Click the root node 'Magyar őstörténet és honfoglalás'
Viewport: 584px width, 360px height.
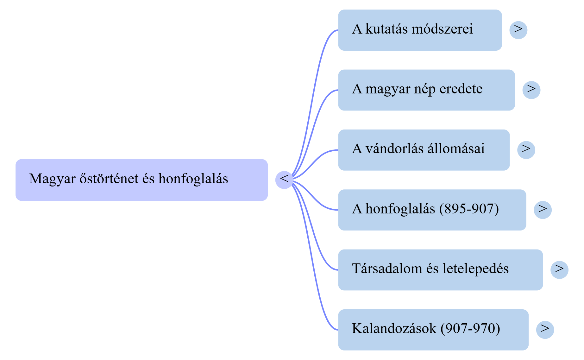[141, 180]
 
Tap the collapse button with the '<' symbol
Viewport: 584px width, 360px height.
[284, 180]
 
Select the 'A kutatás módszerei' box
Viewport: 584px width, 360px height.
[420, 30]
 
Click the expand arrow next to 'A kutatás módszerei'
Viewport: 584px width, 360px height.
[518, 30]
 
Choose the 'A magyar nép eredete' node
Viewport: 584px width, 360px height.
[426, 90]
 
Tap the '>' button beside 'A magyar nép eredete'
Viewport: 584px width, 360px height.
[531, 90]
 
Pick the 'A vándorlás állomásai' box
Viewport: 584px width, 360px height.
[424, 150]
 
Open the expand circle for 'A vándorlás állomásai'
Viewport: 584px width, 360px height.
[526, 150]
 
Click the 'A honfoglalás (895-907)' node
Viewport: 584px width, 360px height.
[432, 210]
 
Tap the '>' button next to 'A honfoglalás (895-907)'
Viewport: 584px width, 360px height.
[543, 210]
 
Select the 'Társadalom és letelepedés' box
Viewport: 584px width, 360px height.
[441, 270]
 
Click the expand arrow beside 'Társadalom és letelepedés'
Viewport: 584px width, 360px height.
[559, 270]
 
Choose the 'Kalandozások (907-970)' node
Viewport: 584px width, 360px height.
[433, 330]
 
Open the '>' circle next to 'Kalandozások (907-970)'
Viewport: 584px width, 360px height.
[545, 330]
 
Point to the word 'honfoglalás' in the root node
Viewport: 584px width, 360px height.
[193, 179]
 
